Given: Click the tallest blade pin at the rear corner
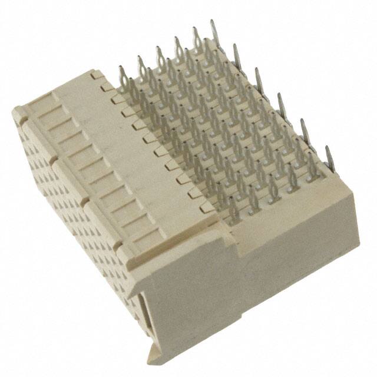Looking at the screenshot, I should point(213,34).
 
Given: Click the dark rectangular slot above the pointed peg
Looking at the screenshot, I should point(145,306).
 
